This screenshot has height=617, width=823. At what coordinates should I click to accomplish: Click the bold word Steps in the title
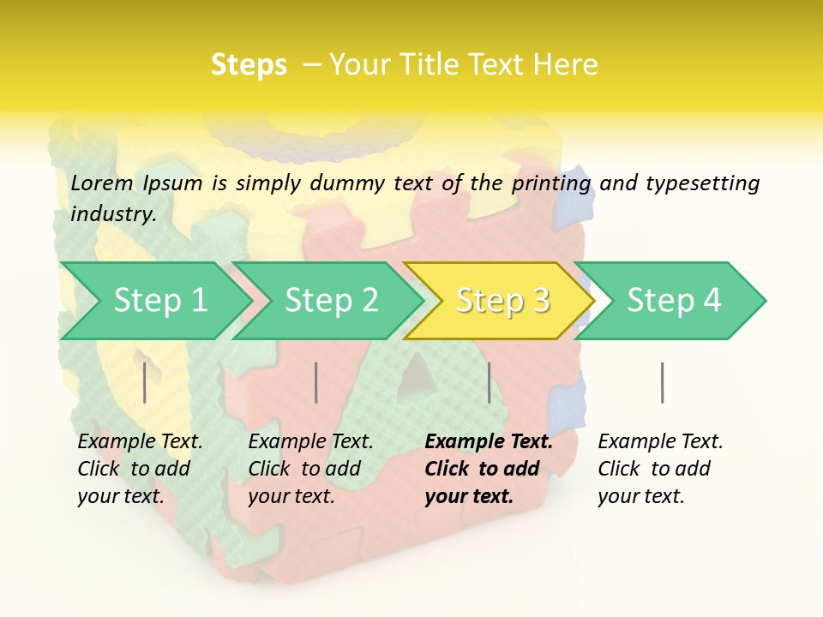[x=249, y=65]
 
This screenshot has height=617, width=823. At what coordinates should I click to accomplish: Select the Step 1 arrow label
[x=160, y=300]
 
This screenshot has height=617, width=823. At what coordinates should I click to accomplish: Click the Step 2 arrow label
[x=332, y=300]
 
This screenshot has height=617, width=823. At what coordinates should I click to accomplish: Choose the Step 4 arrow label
[x=674, y=300]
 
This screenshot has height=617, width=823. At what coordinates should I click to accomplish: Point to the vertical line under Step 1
[x=145, y=382]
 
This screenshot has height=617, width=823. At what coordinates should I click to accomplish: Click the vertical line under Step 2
[x=316, y=382]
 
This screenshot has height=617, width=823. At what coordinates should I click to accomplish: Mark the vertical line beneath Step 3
[x=489, y=382]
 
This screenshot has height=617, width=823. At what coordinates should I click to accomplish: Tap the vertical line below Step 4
[x=662, y=382]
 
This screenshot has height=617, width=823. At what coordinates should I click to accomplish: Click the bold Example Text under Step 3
[x=489, y=441]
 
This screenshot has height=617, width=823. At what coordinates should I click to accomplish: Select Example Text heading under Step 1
[x=140, y=441]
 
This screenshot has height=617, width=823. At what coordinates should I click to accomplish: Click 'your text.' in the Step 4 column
[x=640, y=496]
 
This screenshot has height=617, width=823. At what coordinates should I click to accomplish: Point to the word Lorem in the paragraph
[x=102, y=183]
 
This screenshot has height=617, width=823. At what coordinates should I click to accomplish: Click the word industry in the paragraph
[x=113, y=213]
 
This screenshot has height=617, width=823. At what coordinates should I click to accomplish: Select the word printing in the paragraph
[x=551, y=183]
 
